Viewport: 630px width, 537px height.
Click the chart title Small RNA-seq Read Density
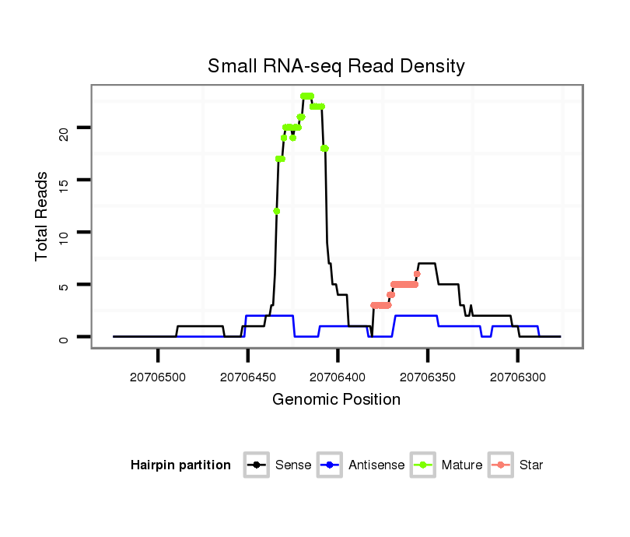coord(336,66)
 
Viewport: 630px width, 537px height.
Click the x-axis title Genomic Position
coord(336,400)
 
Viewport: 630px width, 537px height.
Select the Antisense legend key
coord(330,465)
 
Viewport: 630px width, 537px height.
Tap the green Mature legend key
coord(423,465)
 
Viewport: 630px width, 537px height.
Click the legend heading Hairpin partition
coord(180,465)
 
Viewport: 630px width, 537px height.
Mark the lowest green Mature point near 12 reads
coord(276,211)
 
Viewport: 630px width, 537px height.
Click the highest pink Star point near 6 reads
coord(417,274)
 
